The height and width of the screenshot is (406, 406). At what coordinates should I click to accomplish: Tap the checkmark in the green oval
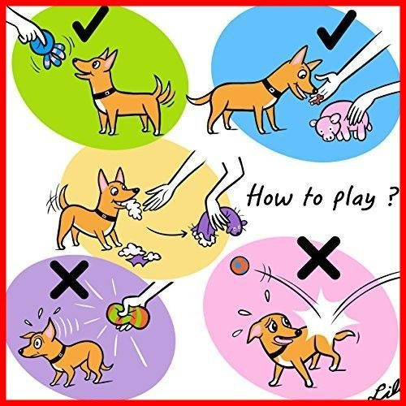pyautogui.click(x=88, y=27)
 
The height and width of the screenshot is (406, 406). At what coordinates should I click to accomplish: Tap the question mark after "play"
pyautogui.click(x=391, y=197)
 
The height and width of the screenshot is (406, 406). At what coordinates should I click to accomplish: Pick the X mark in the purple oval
pyautogui.click(x=70, y=279)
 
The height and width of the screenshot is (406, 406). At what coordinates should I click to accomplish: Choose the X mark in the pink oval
pyautogui.click(x=318, y=258)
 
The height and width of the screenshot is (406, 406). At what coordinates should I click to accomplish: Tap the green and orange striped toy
pyautogui.click(x=127, y=316)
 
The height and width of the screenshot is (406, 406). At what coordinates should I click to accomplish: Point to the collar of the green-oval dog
pyautogui.click(x=104, y=93)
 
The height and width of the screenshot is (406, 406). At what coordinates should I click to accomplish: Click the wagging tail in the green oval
pyautogui.click(x=162, y=91)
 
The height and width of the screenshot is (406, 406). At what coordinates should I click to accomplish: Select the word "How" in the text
pyautogui.click(x=270, y=197)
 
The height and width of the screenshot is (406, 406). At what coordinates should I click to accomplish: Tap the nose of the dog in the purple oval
pyautogui.click(x=20, y=351)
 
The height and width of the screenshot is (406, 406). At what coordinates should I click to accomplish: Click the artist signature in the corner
pyautogui.click(x=387, y=391)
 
